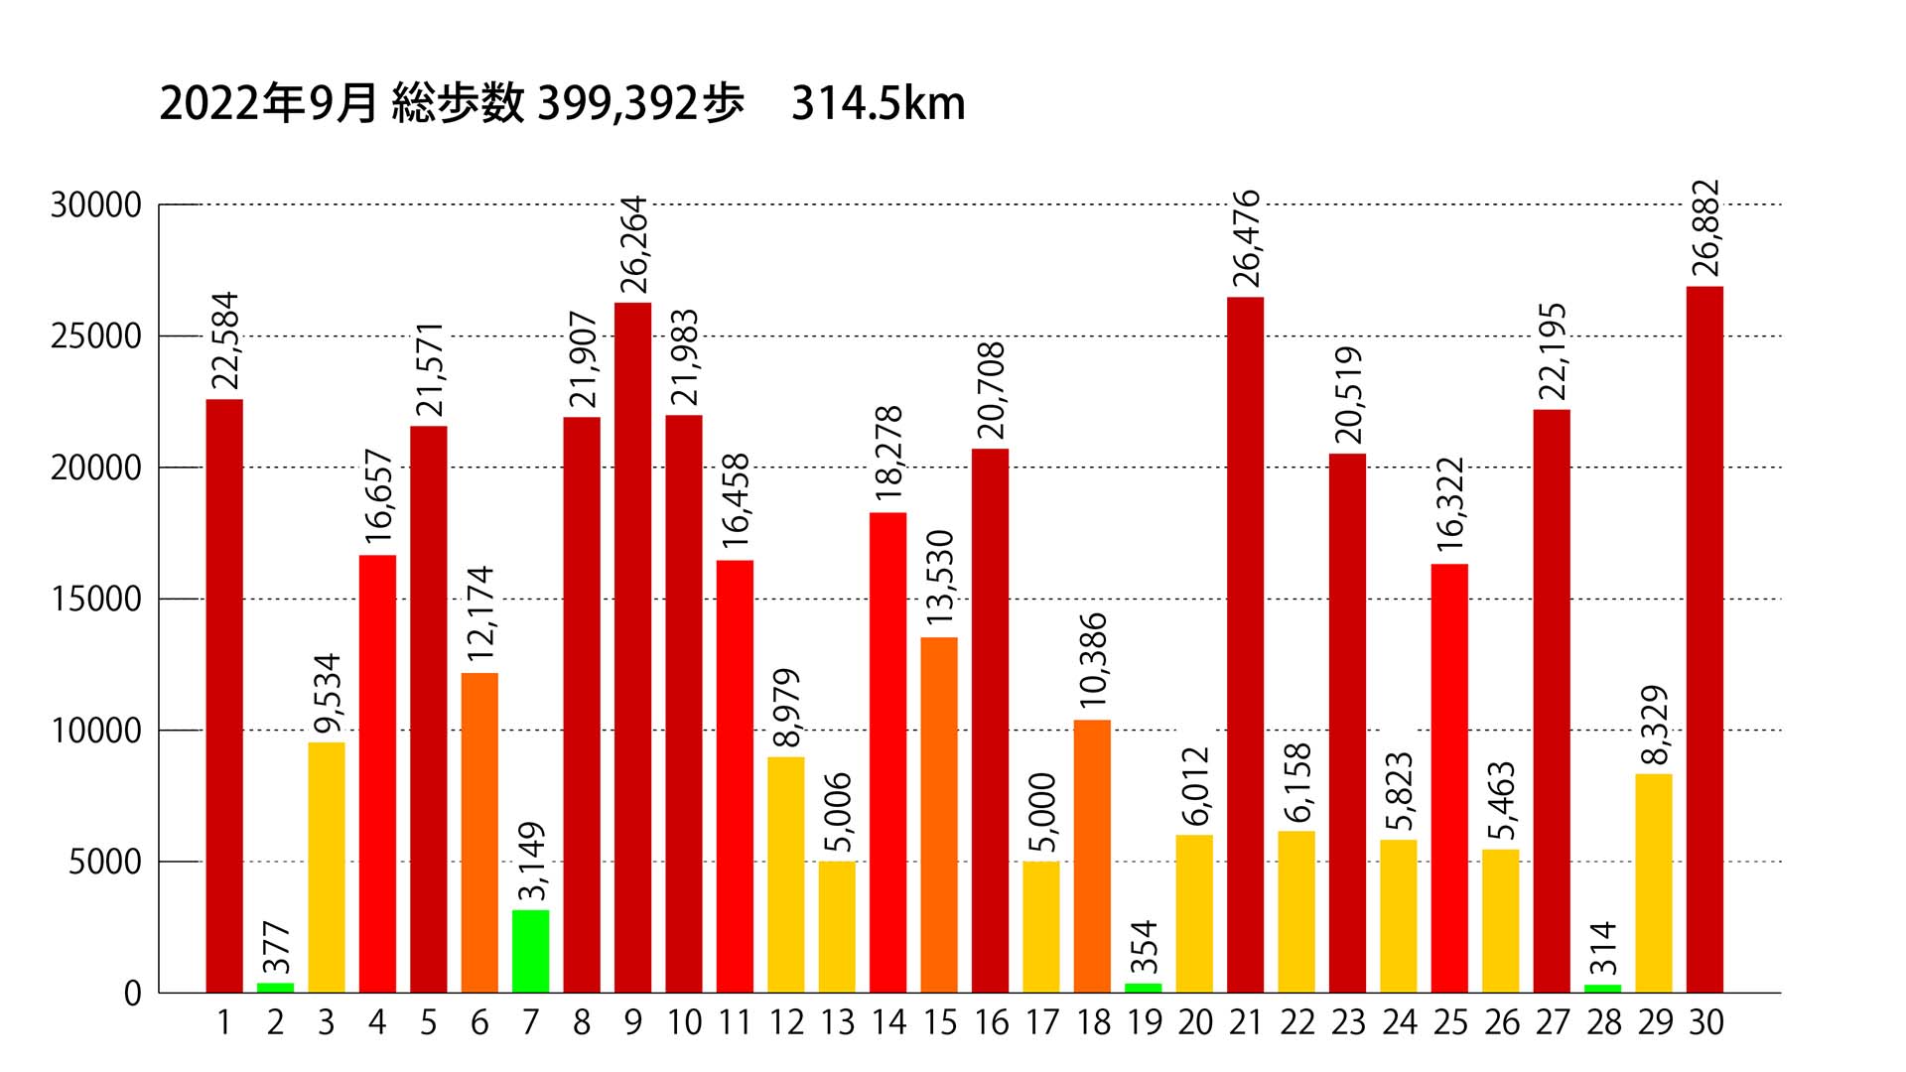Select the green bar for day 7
pos(530,951)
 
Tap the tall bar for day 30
pos(1704,639)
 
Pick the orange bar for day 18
pos(1092,856)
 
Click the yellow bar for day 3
pos(327,868)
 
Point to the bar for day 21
pos(1245,644)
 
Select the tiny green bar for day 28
pos(1602,988)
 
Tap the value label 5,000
pos(1041,813)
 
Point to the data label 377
pos(275,948)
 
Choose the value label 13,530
pos(939,578)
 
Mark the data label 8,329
pos(1654,726)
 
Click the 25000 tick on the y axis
pos(96,336)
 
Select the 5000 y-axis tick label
pos(104,863)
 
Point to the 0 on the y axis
pos(133,994)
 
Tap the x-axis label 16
pos(991,1022)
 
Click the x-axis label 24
pos(1399,1022)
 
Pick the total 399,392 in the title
pos(617,104)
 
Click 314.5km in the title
pos(878,104)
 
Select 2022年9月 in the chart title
pos(268,104)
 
